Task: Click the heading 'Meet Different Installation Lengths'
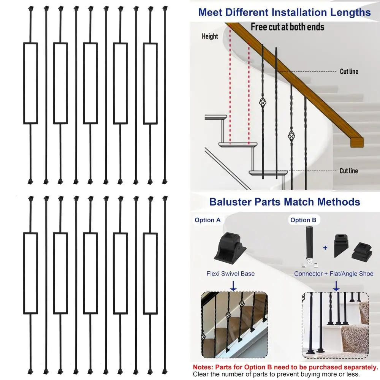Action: [285, 12]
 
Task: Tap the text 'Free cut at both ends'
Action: [287, 27]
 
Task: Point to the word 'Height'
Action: [210, 36]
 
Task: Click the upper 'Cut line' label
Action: [349, 71]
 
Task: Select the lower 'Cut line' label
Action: [348, 171]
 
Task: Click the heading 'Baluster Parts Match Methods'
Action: [285, 201]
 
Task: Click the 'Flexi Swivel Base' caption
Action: [231, 274]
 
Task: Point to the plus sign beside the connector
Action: [325, 247]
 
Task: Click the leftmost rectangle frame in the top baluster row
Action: [30, 83]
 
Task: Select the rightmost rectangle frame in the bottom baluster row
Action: [150, 273]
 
